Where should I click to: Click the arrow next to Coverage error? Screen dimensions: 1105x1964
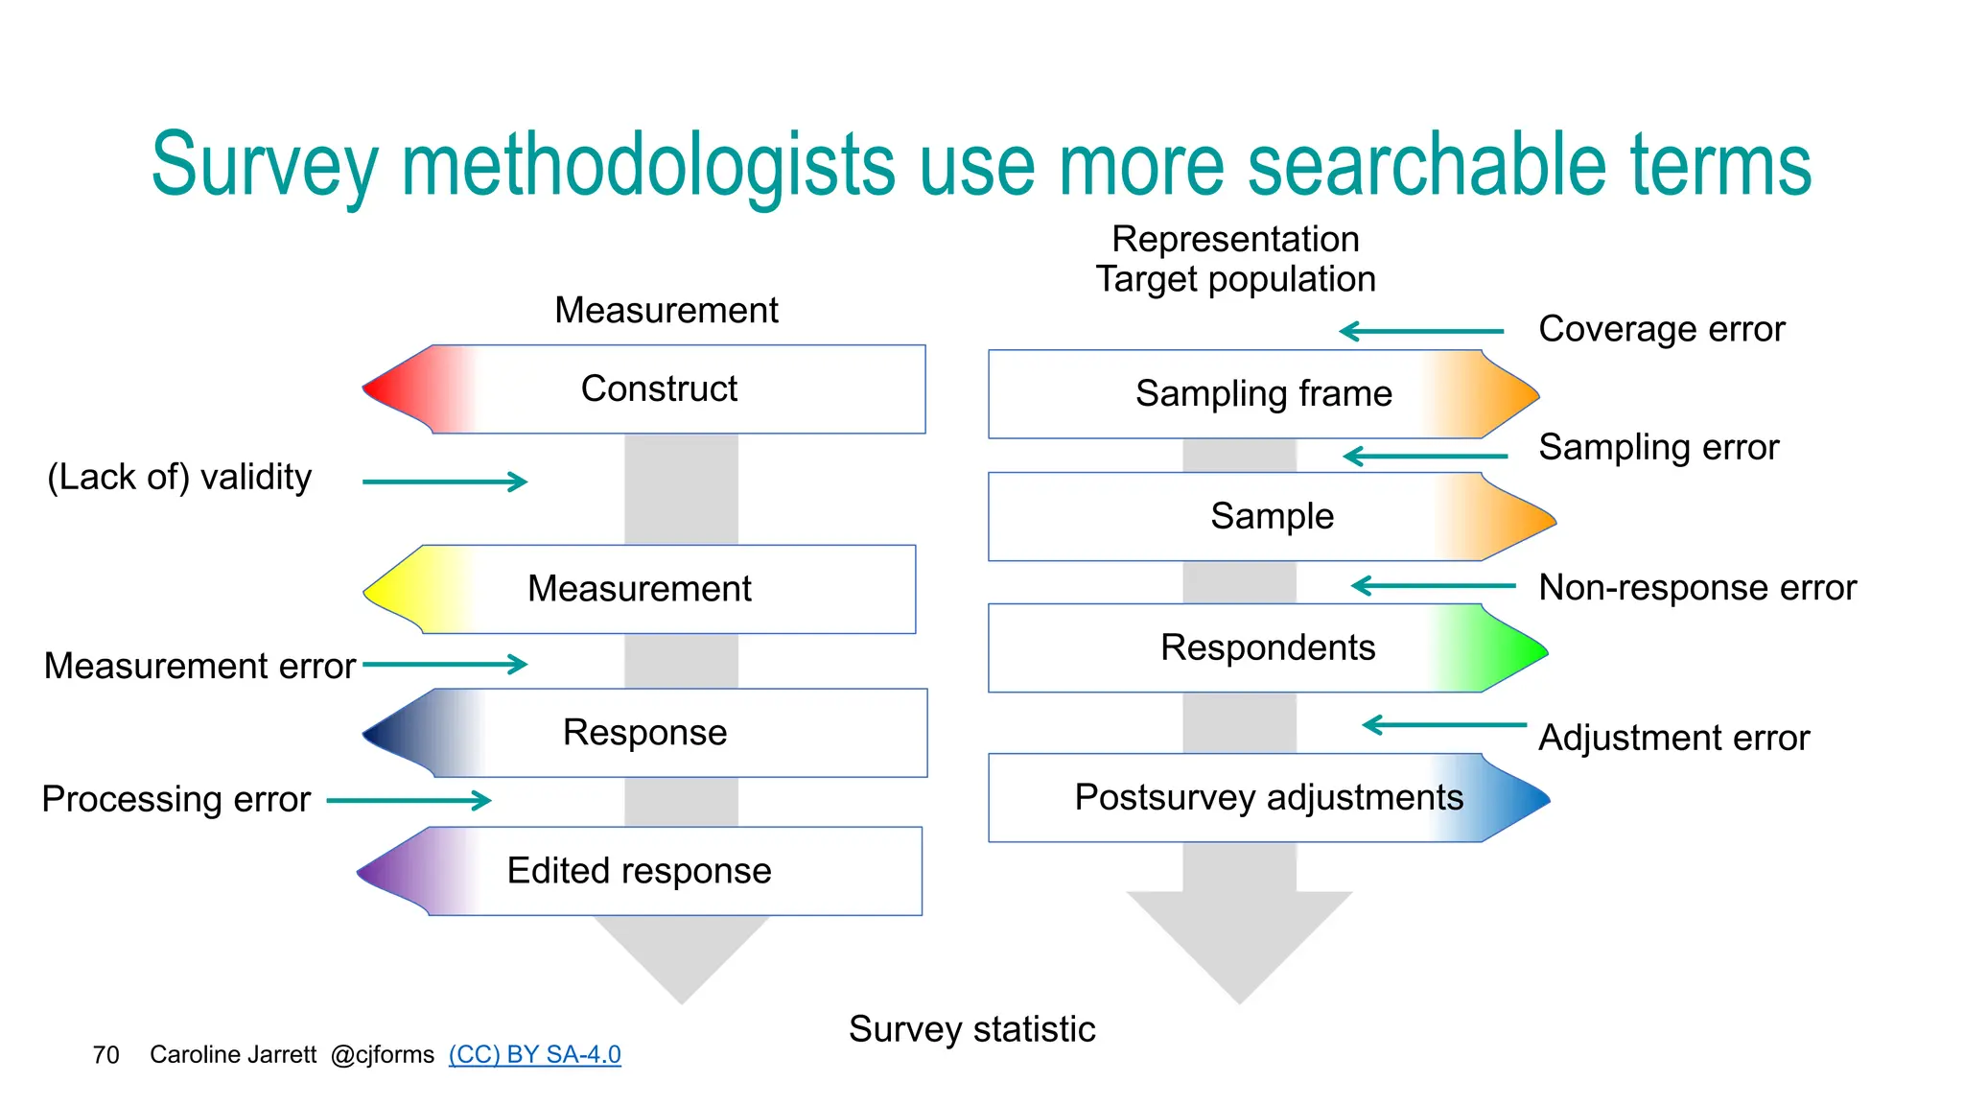point(1421,332)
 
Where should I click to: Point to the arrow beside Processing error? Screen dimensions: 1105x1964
point(409,800)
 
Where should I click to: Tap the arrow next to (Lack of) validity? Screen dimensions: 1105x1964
point(445,482)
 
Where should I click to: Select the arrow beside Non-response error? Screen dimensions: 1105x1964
point(1433,585)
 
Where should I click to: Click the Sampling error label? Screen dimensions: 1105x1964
point(1658,448)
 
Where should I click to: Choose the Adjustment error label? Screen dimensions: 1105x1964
point(1673,739)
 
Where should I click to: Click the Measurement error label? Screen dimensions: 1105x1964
point(199,666)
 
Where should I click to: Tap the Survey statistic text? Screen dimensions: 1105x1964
point(971,1029)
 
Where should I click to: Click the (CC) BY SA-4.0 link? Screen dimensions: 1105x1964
point(534,1054)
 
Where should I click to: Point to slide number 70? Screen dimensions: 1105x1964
point(105,1055)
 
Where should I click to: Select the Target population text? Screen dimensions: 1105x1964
point(1235,279)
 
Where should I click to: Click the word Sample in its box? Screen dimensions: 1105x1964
point(1272,516)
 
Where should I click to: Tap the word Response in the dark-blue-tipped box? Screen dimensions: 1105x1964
point(644,733)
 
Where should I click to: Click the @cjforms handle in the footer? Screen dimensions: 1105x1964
point(382,1055)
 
